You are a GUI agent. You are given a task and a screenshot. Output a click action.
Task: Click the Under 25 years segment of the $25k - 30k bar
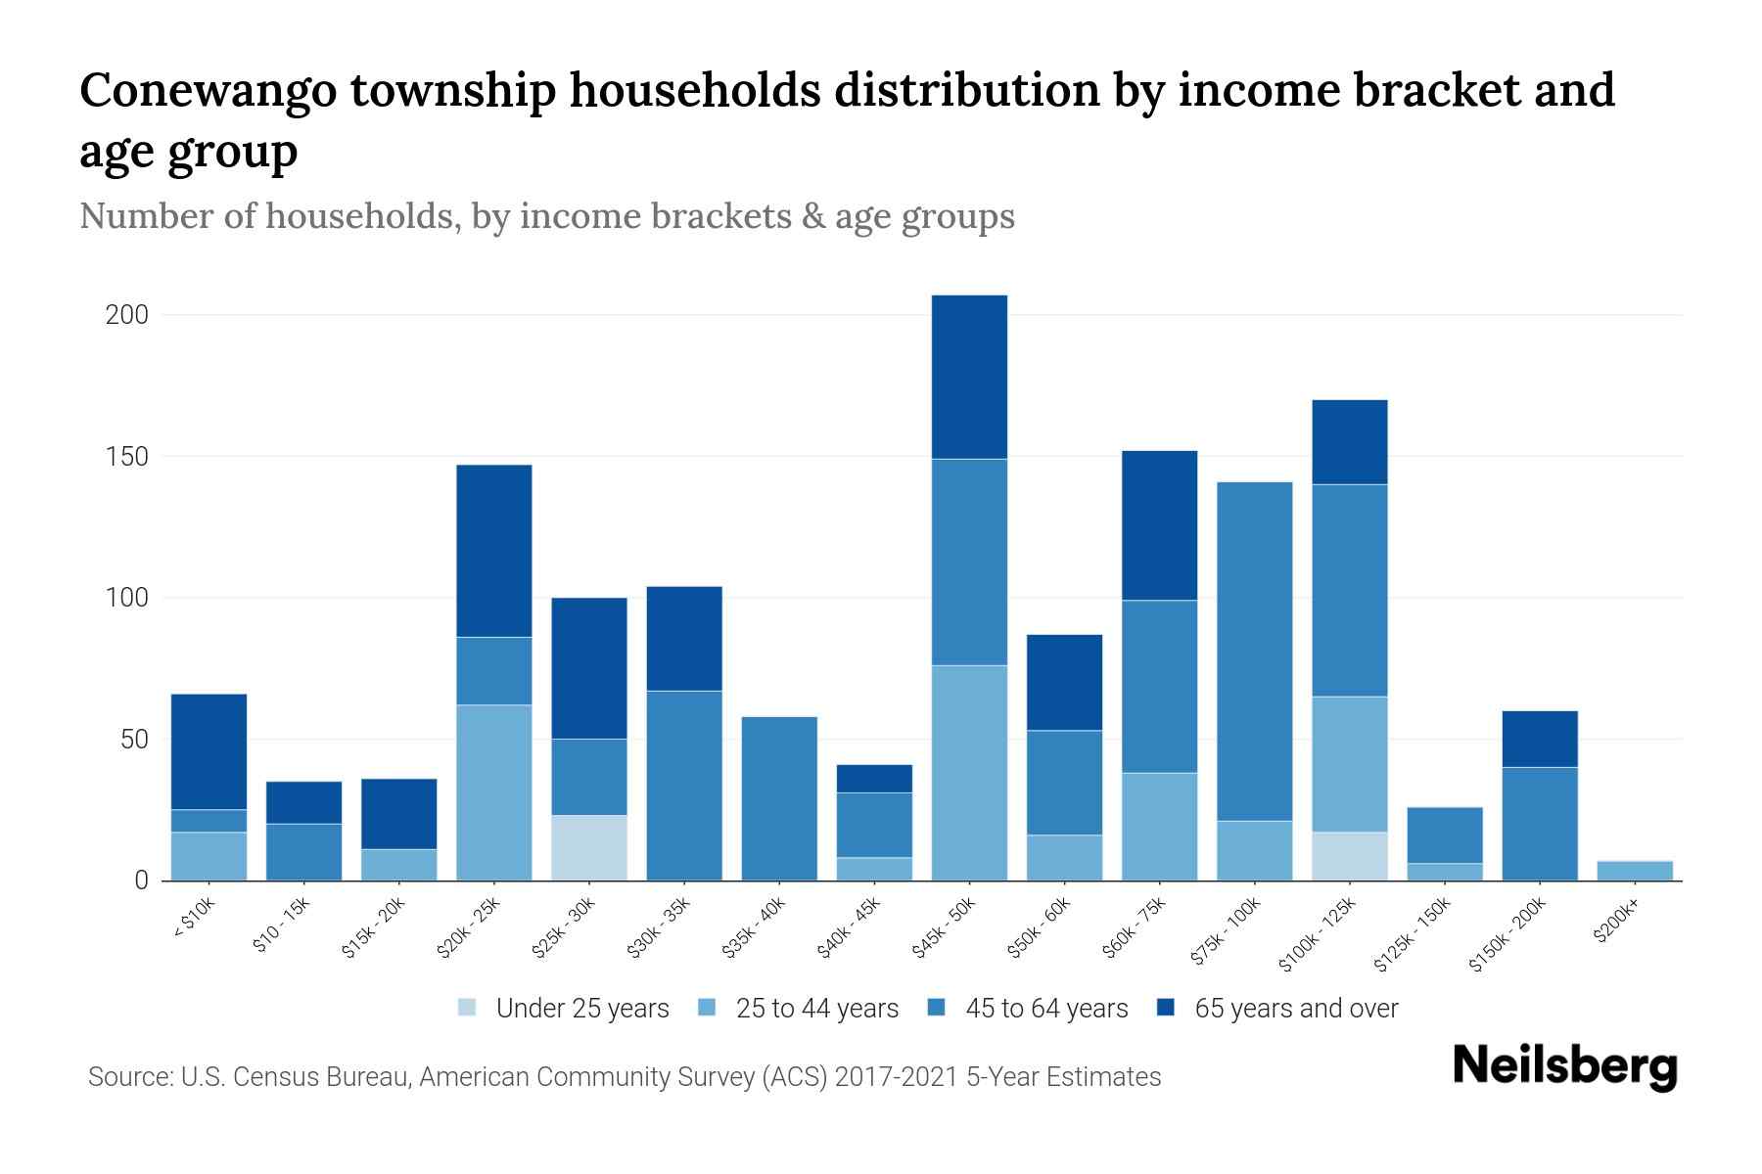[x=589, y=847]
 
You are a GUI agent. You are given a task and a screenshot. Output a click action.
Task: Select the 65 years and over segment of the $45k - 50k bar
[x=969, y=377]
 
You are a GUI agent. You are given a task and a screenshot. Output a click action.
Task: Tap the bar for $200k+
[x=1635, y=870]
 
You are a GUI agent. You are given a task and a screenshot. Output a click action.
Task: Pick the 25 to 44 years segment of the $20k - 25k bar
[x=494, y=792]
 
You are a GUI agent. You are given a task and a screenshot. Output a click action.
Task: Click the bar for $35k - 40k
[x=779, y=798]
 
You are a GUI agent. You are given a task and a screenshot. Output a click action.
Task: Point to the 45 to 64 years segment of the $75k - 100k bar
[x=1255, y=651]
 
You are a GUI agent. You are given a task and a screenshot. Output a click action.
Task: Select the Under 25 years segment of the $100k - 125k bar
[x=1350, y=856]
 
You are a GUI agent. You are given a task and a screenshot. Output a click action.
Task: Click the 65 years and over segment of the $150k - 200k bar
[x=1540, y=739]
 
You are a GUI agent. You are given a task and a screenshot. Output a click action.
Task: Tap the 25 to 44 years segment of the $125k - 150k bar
[x=1445, y=872]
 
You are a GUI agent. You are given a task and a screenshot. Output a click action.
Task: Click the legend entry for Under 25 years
[x=582, y=1009]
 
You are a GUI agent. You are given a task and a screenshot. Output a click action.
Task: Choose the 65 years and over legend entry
[x=1296, y=1009]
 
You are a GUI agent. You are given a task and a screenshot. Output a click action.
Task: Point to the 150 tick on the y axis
[x=127, y=457]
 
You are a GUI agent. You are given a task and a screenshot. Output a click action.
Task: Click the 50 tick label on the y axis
[x=134, y=740]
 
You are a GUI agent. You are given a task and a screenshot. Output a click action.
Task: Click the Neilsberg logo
[x=1564, y=1067]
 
